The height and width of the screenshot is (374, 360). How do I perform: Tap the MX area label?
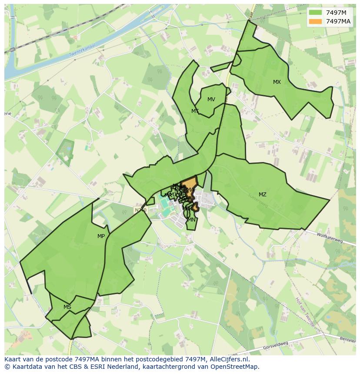(277, 82)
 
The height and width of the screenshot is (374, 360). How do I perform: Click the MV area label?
(211, 99)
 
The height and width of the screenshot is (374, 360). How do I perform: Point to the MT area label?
(195, 111)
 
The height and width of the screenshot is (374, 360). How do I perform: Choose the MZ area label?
(263, 195)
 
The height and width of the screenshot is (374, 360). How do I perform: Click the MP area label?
(101, 236)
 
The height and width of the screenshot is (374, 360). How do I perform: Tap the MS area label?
(67, 307)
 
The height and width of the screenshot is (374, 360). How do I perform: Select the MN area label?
(192, 220)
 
